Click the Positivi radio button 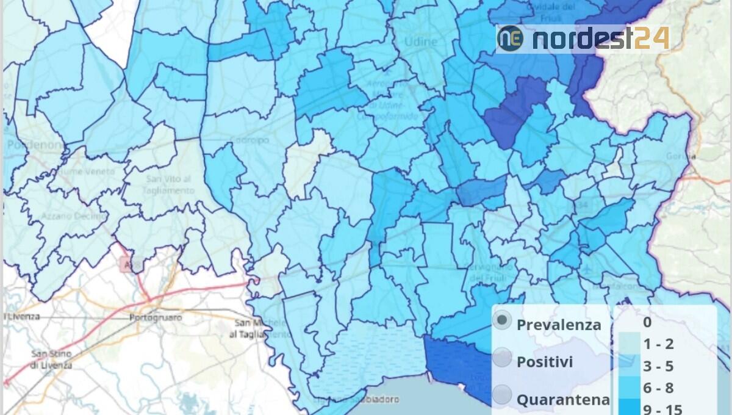point(502,358)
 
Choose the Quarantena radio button point(502,395)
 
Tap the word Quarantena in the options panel point(563,400)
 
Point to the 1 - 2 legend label point(658,344)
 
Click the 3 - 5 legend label point(658,366)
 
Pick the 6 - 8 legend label point(658,388)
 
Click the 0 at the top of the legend point(647,322)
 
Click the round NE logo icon point(511,38)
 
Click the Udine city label point(421,42)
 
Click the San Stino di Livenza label point(52,359)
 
